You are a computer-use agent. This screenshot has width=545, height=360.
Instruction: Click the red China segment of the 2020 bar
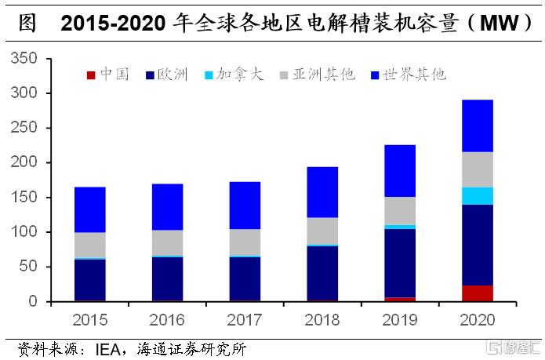pos(477,293)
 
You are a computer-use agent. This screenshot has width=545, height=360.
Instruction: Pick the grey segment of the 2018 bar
pos(322,231)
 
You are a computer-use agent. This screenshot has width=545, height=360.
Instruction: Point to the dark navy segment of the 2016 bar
pos(167,278)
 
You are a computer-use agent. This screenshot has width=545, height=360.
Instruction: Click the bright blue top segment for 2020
pos(477,125)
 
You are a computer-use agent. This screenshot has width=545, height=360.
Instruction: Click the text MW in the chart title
pos(497,24)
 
